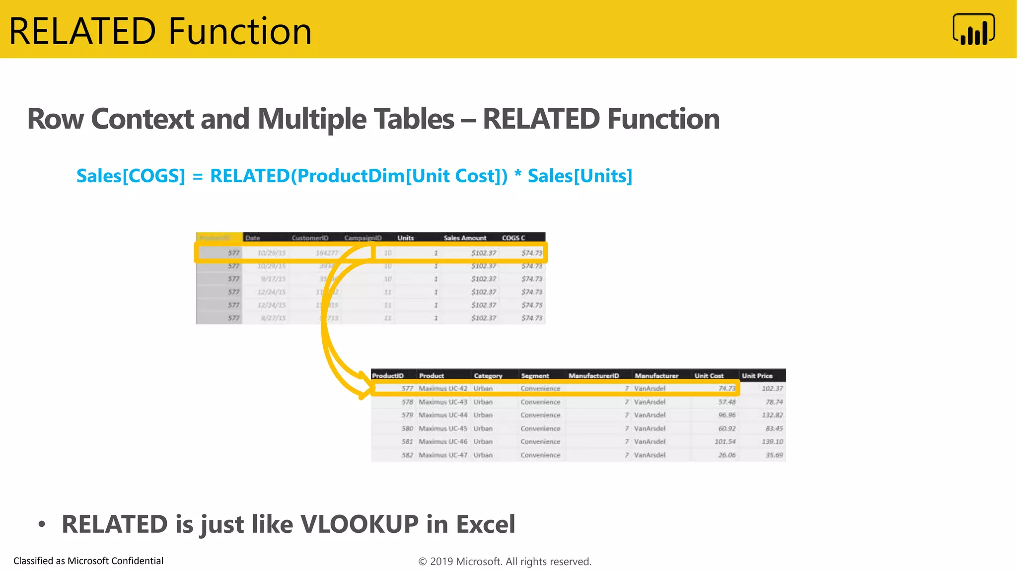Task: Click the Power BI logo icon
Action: click(973, 29)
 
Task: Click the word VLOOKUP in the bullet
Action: click(360, 524)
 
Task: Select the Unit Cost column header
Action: click(709, 376)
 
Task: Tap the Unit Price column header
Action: click(757, 376)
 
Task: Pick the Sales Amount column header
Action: click(465, 238)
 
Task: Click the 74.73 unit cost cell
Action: click(726, 388)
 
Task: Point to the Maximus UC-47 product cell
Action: click(442, 455)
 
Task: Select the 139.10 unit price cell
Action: click(772, 441)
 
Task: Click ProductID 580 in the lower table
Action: click(407, 429)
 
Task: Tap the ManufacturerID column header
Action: click(593, 376)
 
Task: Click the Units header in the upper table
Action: click(405, 238)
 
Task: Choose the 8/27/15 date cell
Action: click(273, 318)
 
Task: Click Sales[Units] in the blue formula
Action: click(580, 176)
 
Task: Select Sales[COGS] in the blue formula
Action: click(131, 176)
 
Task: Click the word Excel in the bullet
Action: click(485, 524)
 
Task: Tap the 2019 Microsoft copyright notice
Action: click(505, 562)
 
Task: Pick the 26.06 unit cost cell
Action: click(726, 455)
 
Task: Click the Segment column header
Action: click(534, 376)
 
